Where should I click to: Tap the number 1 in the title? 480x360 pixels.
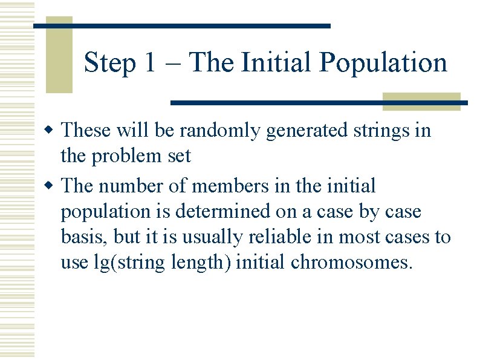[150, 63]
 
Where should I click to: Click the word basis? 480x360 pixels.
[82, 237]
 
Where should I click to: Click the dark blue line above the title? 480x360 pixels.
[181, 26]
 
